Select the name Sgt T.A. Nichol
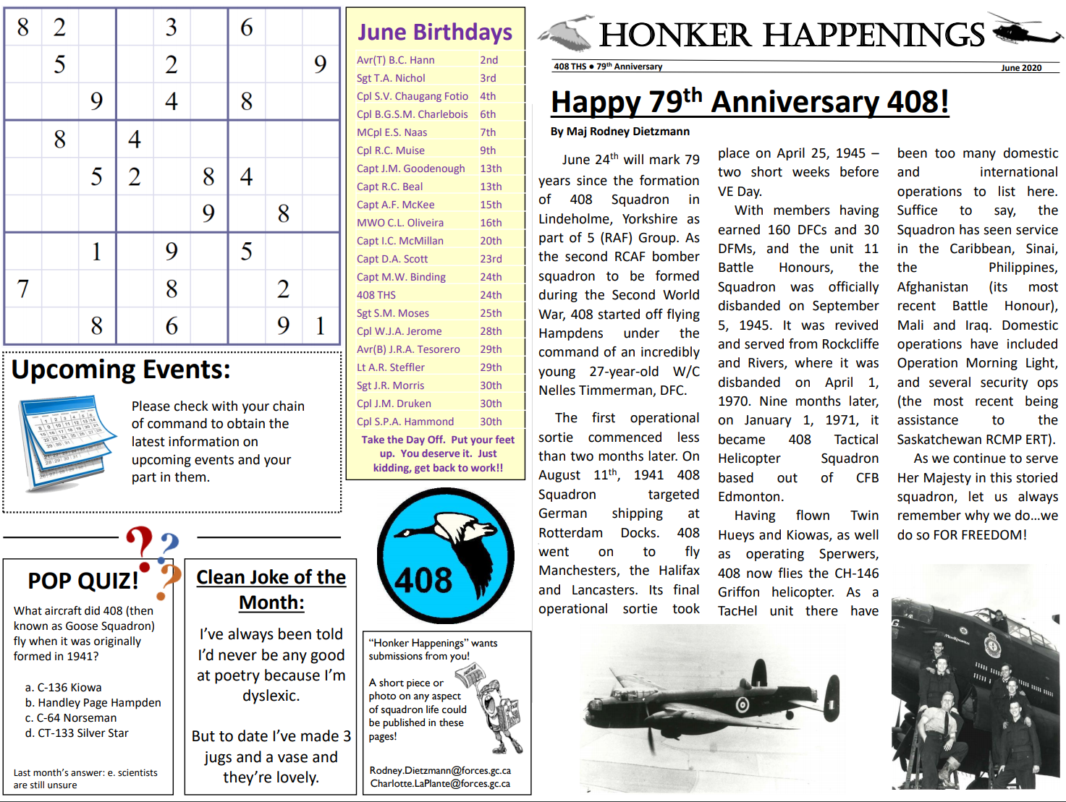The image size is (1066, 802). tap(391, 78)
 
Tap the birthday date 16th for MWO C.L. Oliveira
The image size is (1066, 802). tap(491, 223)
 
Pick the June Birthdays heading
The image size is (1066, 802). tap(435, 32)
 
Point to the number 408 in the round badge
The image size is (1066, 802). tap(423, 580)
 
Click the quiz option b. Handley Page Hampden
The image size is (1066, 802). tap(93, 703)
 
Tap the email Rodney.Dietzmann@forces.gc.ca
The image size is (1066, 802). tap(440, 771)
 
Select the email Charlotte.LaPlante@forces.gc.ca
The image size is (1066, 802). tap(440, 784)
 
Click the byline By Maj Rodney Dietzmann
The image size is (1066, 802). tap(620, 132)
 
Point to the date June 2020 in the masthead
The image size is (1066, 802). tap(1021, 68)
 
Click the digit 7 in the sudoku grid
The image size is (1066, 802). tap(23, 289)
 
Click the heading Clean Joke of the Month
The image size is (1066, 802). tap(271, 589)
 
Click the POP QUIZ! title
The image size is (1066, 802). tap(83, 581)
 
